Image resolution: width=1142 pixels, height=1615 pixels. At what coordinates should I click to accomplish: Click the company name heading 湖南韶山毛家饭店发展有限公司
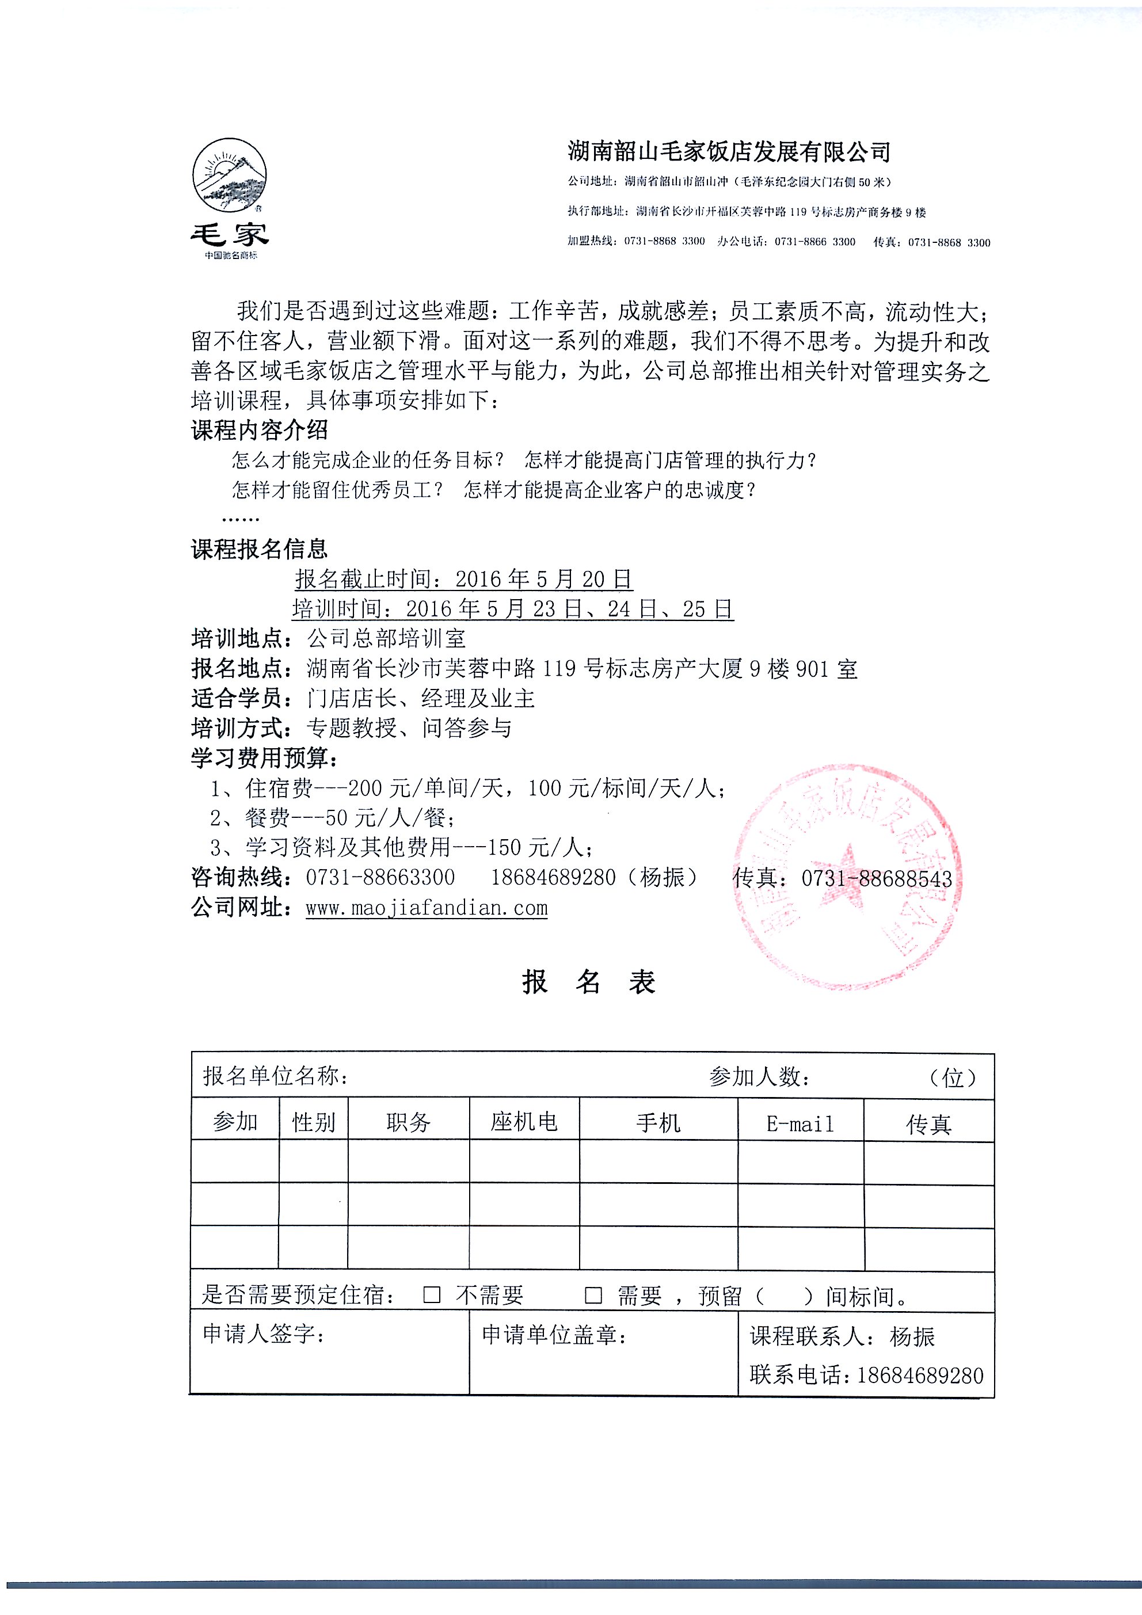[729, 151]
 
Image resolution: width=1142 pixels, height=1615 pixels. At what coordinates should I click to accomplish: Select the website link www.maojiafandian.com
[427, 908]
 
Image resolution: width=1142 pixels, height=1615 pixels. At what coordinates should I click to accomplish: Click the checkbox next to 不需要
[432, 1295]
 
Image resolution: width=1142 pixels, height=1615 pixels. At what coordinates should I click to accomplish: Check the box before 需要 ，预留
[594, 1295]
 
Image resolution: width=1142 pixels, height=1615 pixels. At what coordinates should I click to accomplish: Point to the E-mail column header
[800, 1123]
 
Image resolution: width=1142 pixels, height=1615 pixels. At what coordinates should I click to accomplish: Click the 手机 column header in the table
[658, 1123]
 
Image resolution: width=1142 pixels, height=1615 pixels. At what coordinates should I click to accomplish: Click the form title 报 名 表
[589, 982]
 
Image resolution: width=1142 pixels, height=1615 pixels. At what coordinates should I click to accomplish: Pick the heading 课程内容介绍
[260, 430]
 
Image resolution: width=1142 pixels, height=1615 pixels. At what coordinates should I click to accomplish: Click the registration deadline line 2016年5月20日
[463, 579]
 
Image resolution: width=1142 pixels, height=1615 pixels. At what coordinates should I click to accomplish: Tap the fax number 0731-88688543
[877, 878]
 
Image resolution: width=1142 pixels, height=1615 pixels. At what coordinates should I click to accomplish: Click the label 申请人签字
[264, 1333]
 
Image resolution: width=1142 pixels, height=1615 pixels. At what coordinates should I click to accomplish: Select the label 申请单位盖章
[554, 1334]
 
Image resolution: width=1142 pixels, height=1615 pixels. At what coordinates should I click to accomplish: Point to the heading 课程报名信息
[260, 549]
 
